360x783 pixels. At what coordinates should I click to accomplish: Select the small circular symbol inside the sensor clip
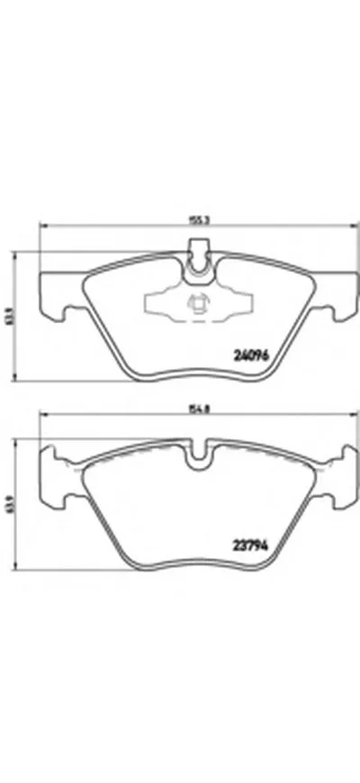[x=194, y=305]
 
